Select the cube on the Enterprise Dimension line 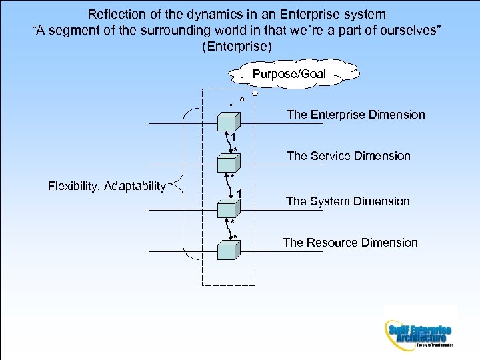point(228,123)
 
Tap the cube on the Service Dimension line point(228,163)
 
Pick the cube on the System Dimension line point(228,209)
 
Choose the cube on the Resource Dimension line point(228,251)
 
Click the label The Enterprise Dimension point(355,115)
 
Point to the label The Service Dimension point(348,156)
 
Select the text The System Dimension point(347,201)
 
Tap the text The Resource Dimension point(350,243)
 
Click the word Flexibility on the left point(74,186)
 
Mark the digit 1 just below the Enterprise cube point(233,139)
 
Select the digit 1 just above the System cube point(239,194)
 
